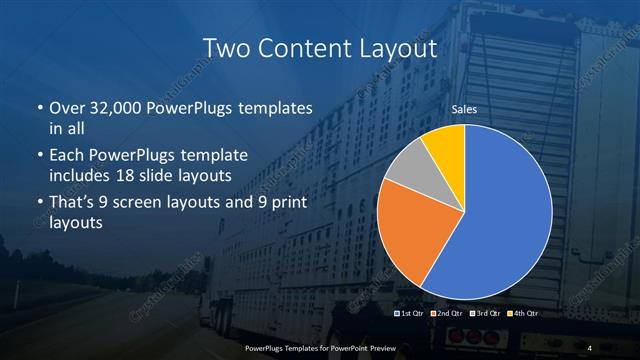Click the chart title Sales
click(465, 109)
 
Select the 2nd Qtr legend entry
click(449, 315)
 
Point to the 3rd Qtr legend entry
click(487, 315)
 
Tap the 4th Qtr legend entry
click(524, 315)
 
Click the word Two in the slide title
click(226, 47)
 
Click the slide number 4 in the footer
click(591, 347)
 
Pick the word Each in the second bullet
click(66, 156)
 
